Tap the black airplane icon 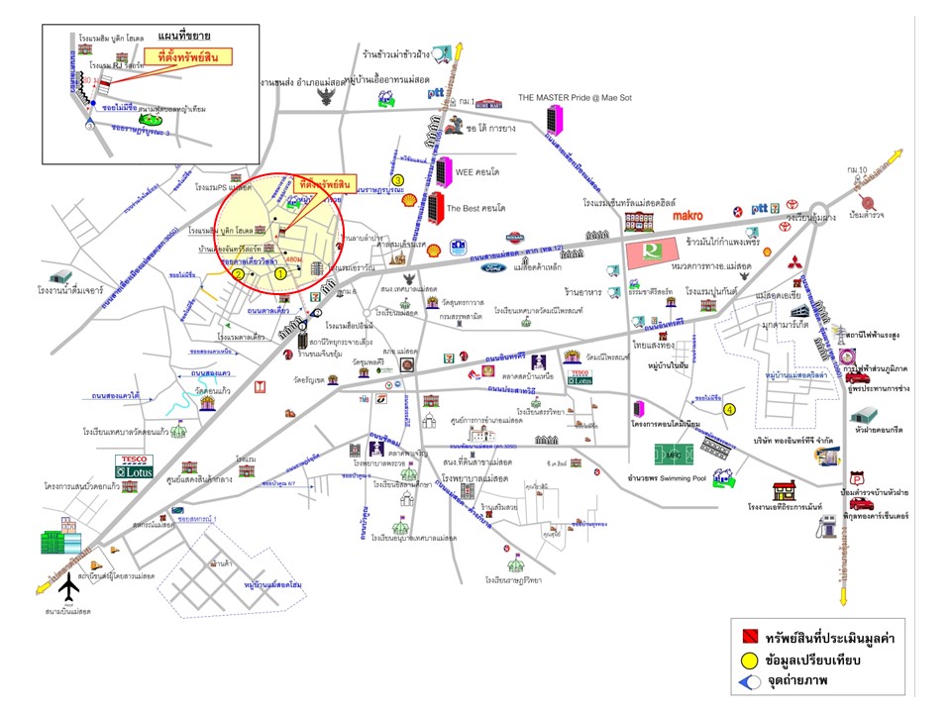coord(68,588)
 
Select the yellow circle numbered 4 coord(729,408)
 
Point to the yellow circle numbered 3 coord(397,180)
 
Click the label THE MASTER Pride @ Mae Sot coord(575,98)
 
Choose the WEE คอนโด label coord(477,169)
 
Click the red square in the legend coord(750,636)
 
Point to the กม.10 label coord(859,170)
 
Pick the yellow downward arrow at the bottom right coord(844,599)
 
